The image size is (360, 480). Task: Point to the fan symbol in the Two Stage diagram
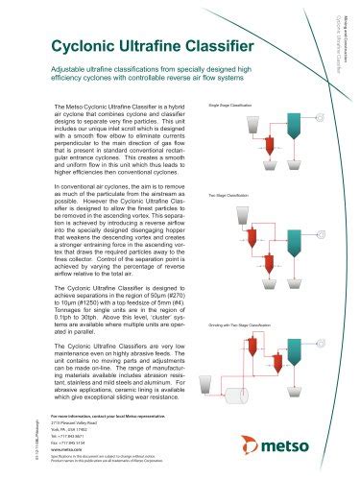321,233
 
